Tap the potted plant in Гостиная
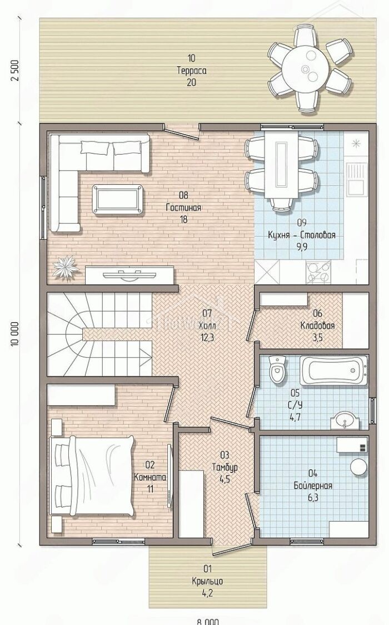coord(65,267)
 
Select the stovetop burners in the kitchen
coord(318,272)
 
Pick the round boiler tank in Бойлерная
coord(359,466)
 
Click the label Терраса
coord(192,71)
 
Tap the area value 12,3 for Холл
coord(207,338)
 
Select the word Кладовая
coord(317,326)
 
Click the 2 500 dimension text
coord(16,71)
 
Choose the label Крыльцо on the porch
coord(207,581)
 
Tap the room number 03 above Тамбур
coord(225,455)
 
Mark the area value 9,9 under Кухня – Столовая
coord(301,247)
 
